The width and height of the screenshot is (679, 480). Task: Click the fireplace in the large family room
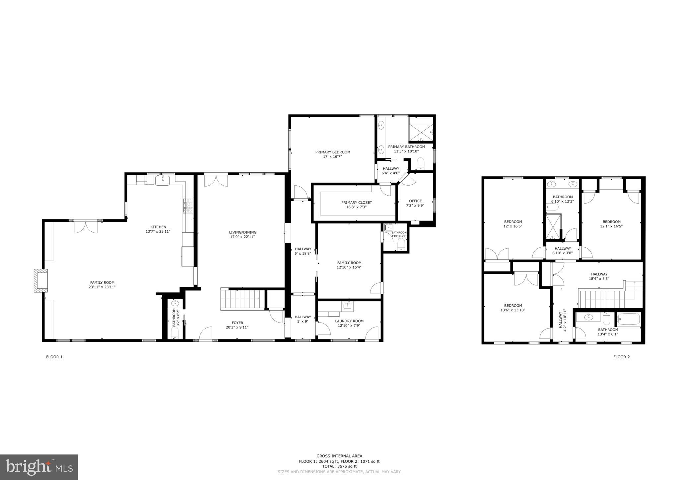coord(41,280)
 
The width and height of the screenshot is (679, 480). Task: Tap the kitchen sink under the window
coord(163,180)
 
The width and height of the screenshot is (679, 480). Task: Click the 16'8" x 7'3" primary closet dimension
coord(356,207)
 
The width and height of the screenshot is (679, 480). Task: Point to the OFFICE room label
coord(415,201)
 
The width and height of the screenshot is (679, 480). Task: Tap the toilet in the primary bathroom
coord(421,163)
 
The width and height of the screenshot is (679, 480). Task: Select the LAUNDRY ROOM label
coord(349,321)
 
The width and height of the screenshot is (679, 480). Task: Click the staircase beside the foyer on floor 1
coord(243,299)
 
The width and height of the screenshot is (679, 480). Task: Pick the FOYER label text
coord(237,323)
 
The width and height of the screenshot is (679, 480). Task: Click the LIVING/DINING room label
coord(242,232)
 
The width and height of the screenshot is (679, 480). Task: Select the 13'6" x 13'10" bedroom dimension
coord(513,310)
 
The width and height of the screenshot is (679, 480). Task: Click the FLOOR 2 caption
coord(621,357)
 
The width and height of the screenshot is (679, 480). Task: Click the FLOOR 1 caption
coord(54,357)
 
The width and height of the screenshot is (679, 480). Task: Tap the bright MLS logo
coord(39,467)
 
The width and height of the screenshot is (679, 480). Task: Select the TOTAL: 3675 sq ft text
coord(339,466)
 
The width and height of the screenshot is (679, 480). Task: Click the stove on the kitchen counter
coord(188,206)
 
